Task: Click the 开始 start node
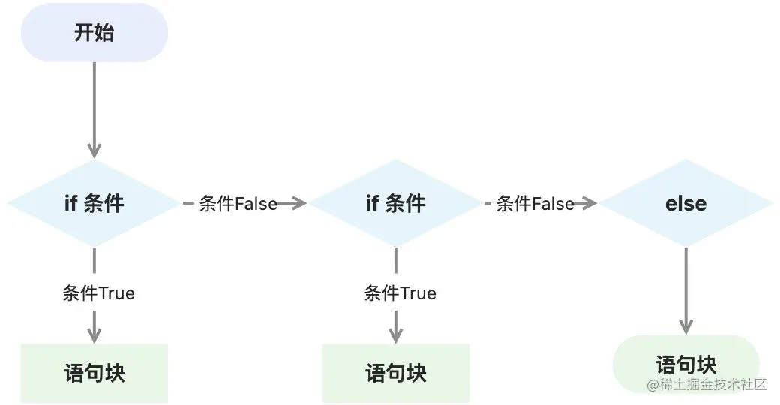pos(94,33)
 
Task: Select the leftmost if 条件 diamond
pos(94,203)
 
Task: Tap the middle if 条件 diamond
pos(395,203)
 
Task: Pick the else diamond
pos(685,203)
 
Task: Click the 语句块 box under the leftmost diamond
pos(94,373)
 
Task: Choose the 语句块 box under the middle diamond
pos(396,373)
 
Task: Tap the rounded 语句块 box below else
pos(685,364)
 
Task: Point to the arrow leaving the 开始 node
pos(94,105)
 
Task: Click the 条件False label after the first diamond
pos(238,203)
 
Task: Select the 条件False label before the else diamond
pos(535,203)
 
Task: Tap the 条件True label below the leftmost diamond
pos(98,292)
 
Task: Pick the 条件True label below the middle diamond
pos(400,292)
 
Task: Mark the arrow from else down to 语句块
pos(685,289)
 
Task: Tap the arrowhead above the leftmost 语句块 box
pos(94,335)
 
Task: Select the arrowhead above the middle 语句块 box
pos(396,335)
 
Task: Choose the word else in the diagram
pos(685,203)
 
